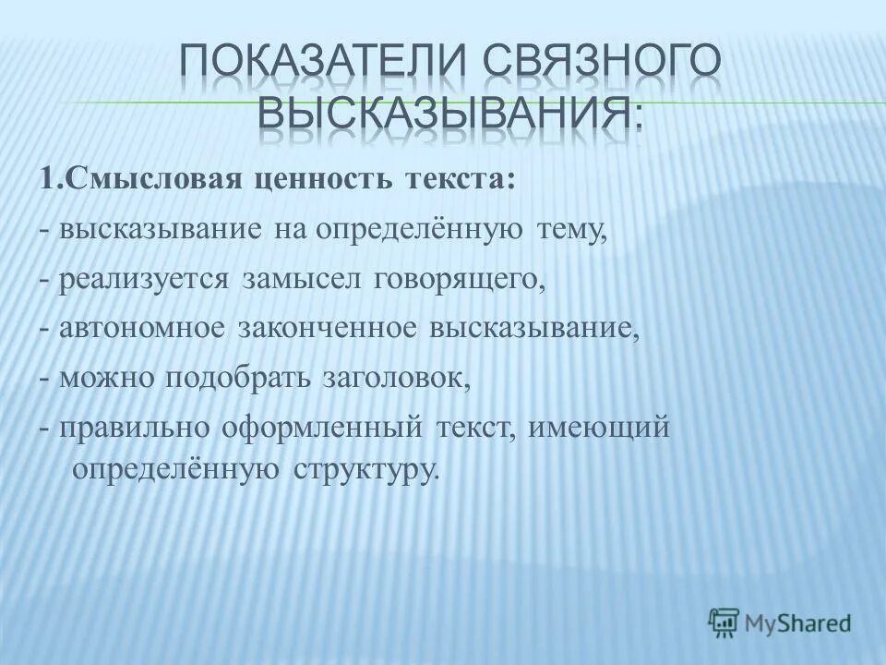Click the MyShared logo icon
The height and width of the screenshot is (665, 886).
tap(724, 621)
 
